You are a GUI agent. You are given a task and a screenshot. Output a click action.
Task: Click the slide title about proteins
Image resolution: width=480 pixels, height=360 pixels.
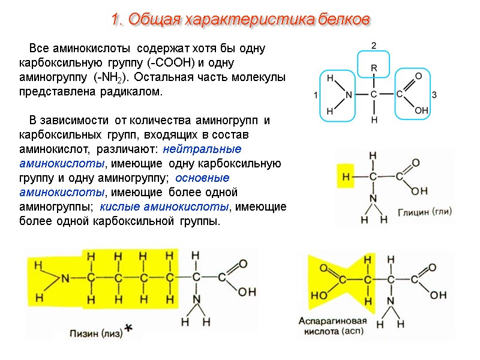click(239, 19)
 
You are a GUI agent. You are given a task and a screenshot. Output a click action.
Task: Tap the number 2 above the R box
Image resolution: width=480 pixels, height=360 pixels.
click(373, 46)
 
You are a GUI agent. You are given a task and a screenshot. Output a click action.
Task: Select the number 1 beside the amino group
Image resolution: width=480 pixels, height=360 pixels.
click(316, 95)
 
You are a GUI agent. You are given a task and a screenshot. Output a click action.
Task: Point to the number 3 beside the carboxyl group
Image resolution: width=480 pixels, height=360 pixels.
click(434, 95)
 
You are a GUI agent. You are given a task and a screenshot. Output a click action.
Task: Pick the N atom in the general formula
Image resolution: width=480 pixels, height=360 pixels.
click(348, 95)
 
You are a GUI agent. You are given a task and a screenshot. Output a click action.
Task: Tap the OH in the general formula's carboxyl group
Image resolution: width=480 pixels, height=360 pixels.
click(421, 111)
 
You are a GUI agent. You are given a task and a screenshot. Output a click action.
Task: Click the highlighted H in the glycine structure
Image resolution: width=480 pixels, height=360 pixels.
click(345, 177)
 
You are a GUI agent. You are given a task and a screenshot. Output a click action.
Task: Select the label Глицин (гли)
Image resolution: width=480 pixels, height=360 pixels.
click(424, 212)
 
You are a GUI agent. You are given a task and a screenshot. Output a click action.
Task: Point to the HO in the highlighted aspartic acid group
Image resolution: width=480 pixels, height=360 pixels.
click(319, 295)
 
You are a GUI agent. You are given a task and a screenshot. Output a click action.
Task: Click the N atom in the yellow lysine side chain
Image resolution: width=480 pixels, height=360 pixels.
click(65, 278)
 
